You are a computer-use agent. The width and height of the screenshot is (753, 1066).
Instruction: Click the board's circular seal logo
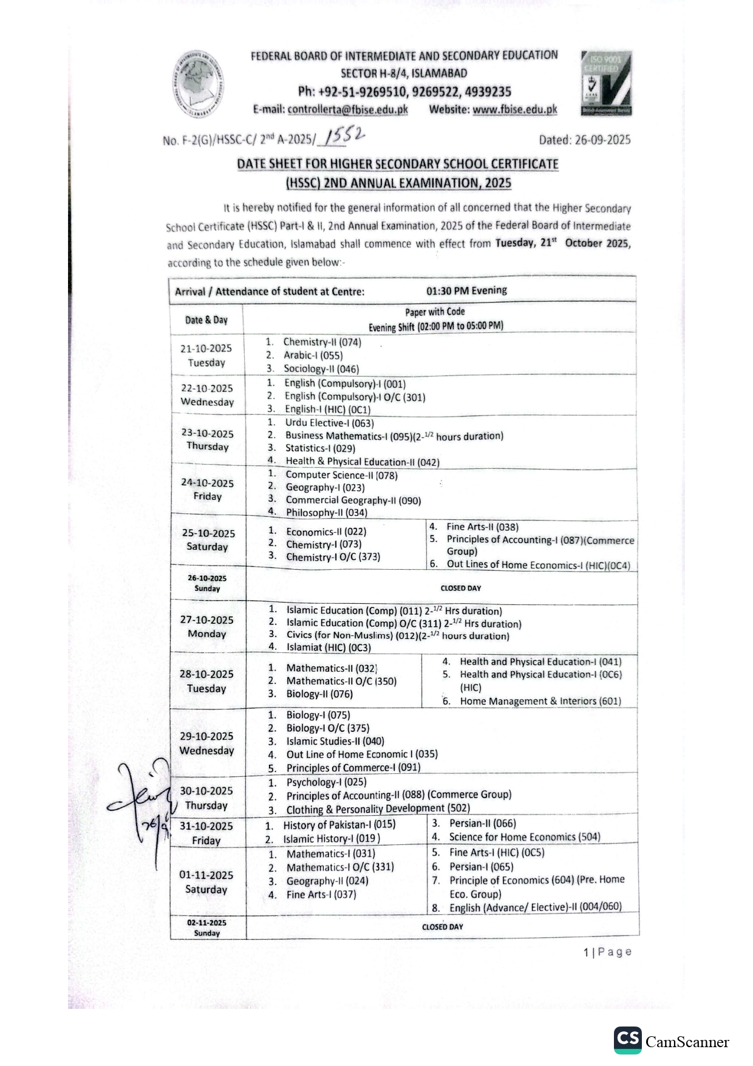[198, 84]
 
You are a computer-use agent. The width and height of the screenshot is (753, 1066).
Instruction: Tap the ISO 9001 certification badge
[605, 83]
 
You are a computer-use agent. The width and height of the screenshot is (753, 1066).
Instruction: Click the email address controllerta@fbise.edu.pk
[347, 110]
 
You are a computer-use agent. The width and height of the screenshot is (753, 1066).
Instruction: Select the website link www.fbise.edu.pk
[514, 110]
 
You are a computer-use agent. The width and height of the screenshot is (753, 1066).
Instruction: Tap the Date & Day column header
[206, 320]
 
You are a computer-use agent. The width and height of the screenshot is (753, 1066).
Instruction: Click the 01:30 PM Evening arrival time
[466, 290]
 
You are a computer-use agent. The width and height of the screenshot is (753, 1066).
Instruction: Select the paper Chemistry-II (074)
[322, 342]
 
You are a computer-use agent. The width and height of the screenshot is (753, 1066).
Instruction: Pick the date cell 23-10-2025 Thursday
[207, 440]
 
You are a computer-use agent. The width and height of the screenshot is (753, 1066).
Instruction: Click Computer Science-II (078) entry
[341, 475]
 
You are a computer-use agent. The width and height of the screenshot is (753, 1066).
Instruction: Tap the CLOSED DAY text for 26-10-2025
[460, 588]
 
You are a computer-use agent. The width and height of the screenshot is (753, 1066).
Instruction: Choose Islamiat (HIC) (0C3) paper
[328, 647]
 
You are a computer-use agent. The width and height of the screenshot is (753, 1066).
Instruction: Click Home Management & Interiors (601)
[540, 701]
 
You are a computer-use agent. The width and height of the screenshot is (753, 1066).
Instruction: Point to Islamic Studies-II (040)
[335, 741]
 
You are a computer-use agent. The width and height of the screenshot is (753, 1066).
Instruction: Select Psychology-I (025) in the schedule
[326, 782]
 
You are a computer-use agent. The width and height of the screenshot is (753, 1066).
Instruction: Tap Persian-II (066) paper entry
[482, 824]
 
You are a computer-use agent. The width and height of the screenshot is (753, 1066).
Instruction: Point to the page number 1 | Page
[607, 952]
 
